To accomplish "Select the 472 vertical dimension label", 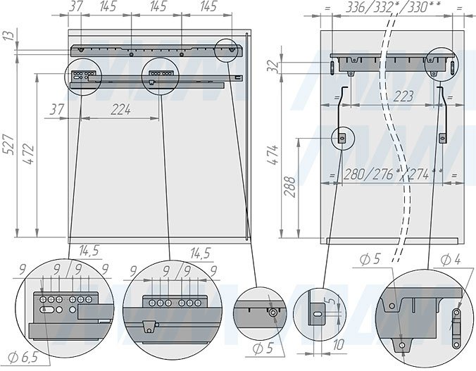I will [26, 155].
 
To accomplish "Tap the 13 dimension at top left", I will [7, 37].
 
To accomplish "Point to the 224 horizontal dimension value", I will [120, 109].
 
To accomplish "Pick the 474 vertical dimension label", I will [273, 155].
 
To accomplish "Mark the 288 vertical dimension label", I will [290, 188].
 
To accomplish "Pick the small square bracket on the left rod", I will [342, 139].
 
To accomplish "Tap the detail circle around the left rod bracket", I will [342, 138].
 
